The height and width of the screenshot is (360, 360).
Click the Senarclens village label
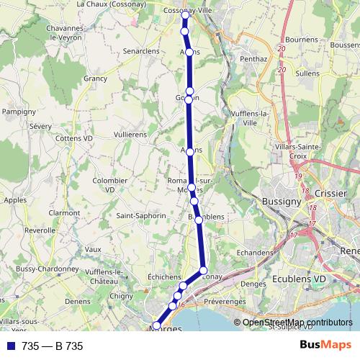[x=140, y=52]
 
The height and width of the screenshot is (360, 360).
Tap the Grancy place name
[x=95, y=78]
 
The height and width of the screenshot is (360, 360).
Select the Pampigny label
[x=14, y=112]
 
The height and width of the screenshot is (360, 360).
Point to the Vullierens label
[x=130, y=135]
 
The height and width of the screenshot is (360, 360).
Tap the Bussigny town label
[x=281, y=202]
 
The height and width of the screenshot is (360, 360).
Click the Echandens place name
[x=255, y=253]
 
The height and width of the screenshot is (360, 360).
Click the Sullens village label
[x=307, y=73]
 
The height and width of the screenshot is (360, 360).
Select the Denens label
[x=78, y=301]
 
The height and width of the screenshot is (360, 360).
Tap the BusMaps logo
[x=326, y=346]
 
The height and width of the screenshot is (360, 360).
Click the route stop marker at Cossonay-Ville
[x=185, y=14]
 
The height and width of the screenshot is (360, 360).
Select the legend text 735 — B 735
[x=53, y=346]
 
